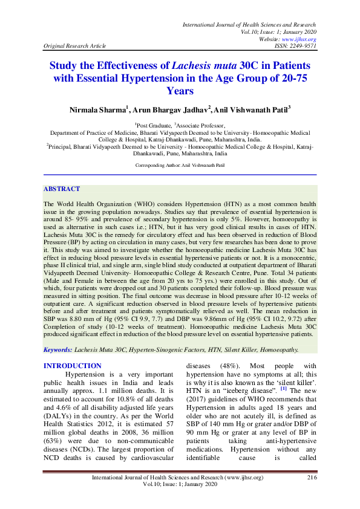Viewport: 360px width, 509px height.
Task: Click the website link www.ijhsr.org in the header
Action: pyautogui.click(x=300, y=39)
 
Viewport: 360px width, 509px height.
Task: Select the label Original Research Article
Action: pyautogui.click(x=72, y=46)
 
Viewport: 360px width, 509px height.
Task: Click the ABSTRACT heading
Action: pyautogui.click(x=62, y=189)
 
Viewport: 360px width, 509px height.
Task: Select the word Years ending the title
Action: pyautogui.click(x=180, y=91)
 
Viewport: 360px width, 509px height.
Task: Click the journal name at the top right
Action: pyautogui.click(x=250, y=24)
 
